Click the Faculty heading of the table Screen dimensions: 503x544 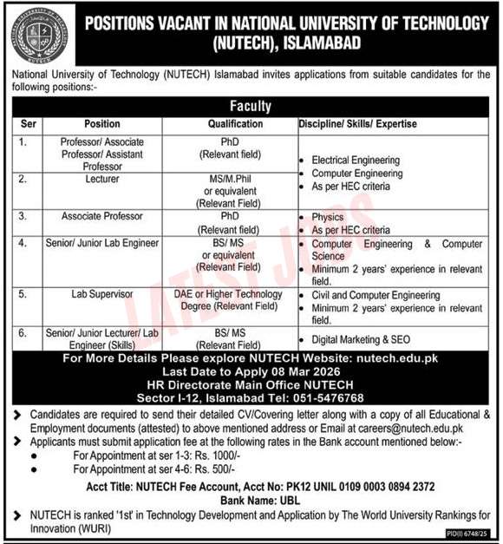click(x=251, y=107)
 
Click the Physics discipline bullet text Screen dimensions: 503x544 click(x=328, y=218)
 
